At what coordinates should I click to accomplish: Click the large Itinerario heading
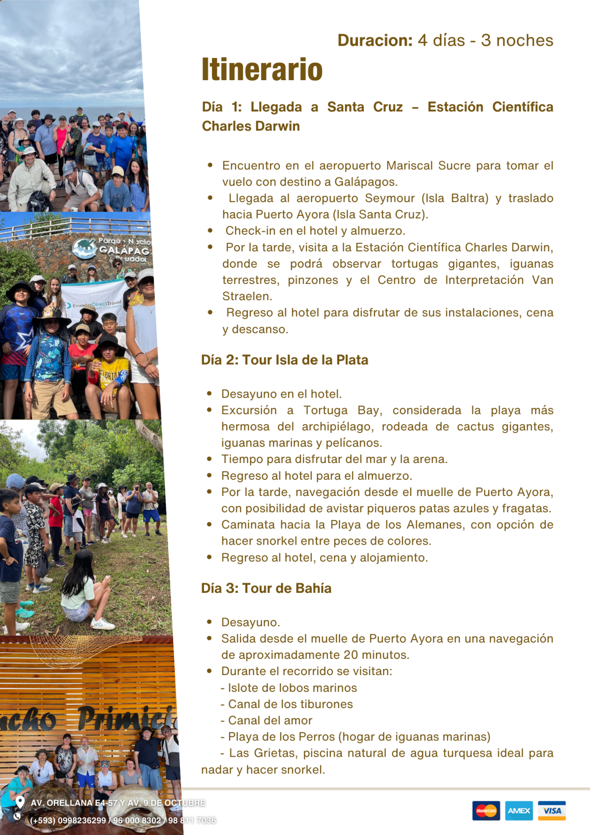(x=262, y=69)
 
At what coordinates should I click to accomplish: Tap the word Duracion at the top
(x=375, y=40)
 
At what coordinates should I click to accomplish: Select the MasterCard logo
(x=486, y=811)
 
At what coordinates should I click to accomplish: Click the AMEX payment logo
(x=519, y=811)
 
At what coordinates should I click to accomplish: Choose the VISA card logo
(x=552, y=811)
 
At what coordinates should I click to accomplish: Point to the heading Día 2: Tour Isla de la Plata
(x=285, y=360)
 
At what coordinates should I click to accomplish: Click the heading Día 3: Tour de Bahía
(x=266, y=588)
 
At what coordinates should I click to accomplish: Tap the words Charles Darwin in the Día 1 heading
(x=251, y=126)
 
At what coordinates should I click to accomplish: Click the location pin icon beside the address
(x=20, y=802)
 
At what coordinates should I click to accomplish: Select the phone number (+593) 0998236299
(x=68, y=821)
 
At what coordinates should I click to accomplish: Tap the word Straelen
(x=247, y=296)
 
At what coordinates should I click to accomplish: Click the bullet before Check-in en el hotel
(x=210, y=230)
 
